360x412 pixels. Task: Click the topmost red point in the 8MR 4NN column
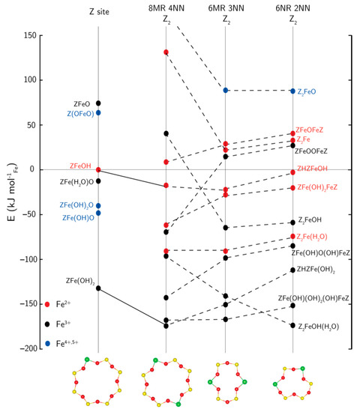(166, 52)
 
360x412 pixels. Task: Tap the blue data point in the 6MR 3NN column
(226, 91)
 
